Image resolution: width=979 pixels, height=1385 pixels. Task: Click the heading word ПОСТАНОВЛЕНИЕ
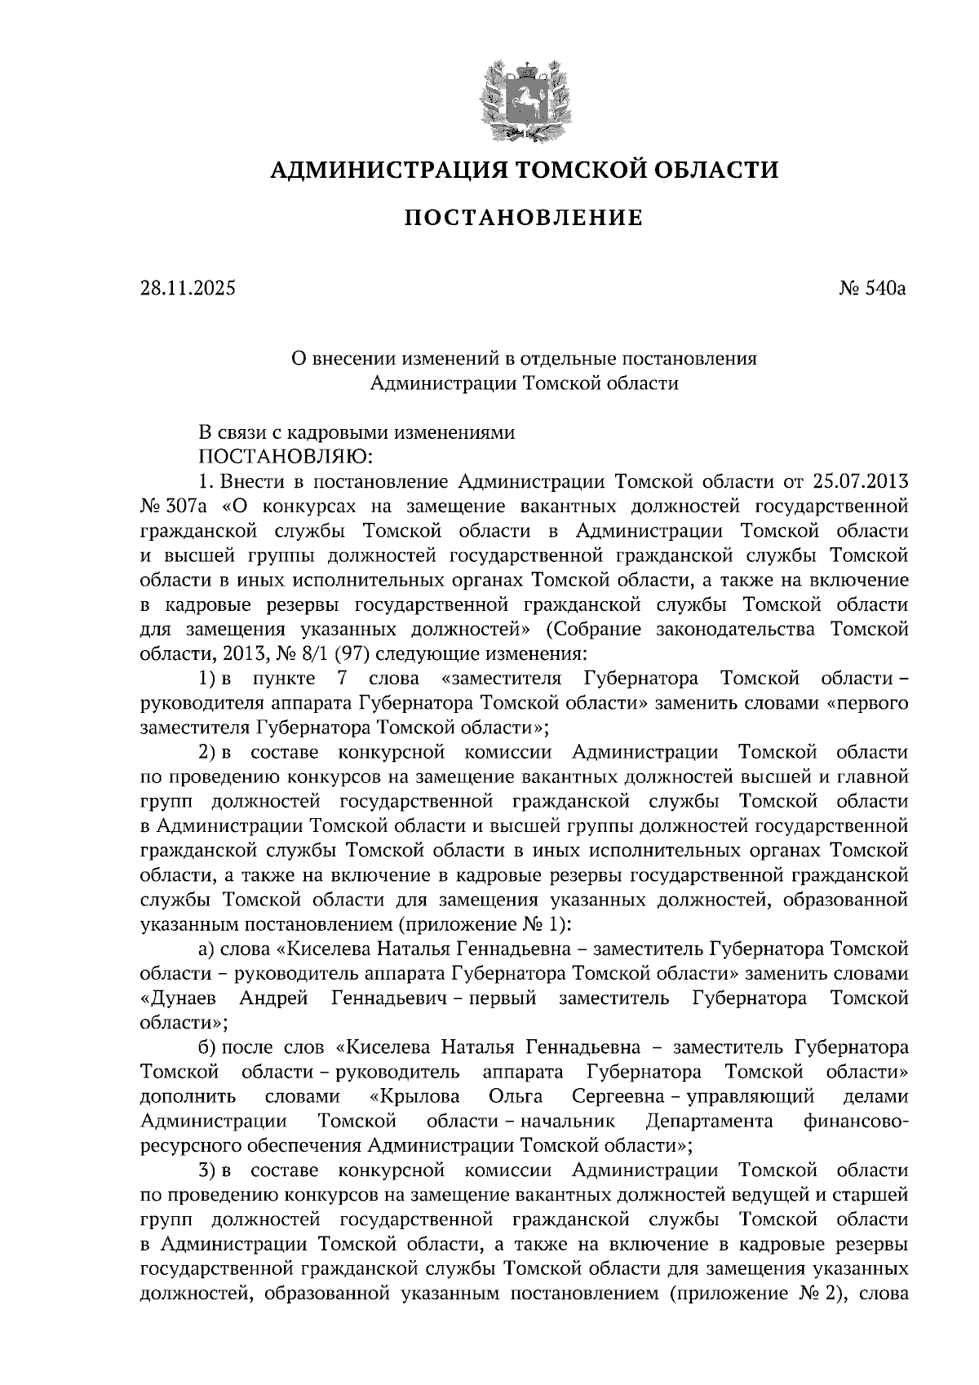click(524, 218)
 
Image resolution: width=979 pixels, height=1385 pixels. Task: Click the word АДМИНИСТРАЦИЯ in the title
click(379, 170)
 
